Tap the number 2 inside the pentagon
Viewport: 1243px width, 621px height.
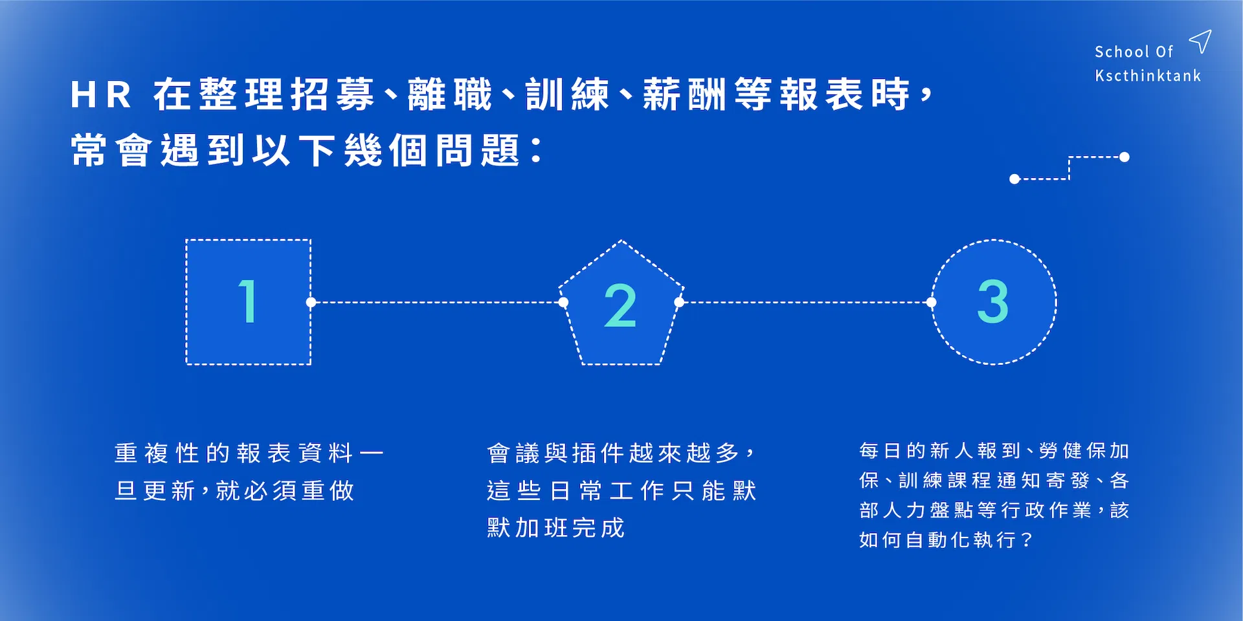(620, 305)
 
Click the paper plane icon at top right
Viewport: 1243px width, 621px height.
(1200, 41)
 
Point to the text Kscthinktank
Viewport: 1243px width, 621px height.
(1148, 76)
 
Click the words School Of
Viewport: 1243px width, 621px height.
(1134, 52)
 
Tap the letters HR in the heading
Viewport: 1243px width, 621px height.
(101, 94)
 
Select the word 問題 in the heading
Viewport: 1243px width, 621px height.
(478, 151)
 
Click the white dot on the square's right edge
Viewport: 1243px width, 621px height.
(311, 302)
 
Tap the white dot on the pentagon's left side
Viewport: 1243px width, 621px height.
(563, 302)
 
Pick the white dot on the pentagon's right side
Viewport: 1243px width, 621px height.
(679, 302)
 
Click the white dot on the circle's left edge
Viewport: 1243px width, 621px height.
(932, 302)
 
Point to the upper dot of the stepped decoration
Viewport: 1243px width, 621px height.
(1125, 157)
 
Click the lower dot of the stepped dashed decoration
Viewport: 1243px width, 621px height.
(1014, 179)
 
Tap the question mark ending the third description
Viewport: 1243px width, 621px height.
(1027, 539)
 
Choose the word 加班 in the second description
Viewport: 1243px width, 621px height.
(541, 528)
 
